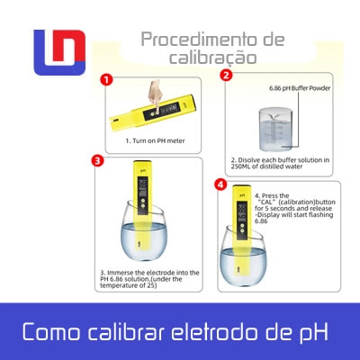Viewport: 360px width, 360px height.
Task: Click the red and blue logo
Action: pyautogui.click(x=59, y=52)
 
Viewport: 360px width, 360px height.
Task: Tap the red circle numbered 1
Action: pyautogui.click(x=106, y=80)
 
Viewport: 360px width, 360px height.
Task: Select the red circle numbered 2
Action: pyautogui.click(x=226, y=75)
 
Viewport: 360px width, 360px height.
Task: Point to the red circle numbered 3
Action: pyautogui.click(x=97, y=160)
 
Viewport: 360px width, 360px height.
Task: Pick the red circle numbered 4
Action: pyautogui.click(x=220, y=184)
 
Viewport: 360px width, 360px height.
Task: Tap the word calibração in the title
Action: pyautogui.click(x=212, y=57)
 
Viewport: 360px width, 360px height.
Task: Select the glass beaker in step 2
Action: pyautogui.click(x=275, y=129)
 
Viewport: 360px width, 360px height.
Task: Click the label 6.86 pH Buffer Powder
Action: pyautogui.click(x=300, y=88)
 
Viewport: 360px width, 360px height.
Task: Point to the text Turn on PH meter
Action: pyautogui.click(x=158, y=140)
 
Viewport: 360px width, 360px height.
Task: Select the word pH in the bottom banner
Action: pyautogui.click(x=314, y=331)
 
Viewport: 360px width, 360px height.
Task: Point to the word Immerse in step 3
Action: pyautogui.click(x=120, y=273)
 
